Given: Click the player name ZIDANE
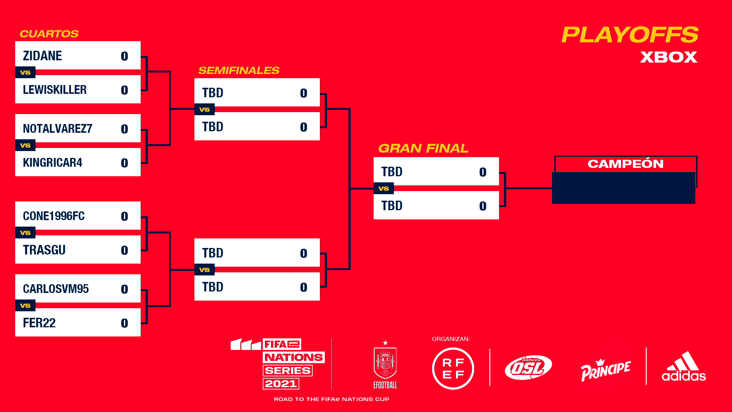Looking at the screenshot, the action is (x=42, y=56).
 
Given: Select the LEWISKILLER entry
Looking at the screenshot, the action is (x=55, y=90).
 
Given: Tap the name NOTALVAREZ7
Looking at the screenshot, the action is (x=58, y=129).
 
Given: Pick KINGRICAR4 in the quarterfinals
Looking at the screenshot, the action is (x=53, y=163).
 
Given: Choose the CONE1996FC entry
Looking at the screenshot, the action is (x=54, y=216).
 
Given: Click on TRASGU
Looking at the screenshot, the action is (x=44, y=250).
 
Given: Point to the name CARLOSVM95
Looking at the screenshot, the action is (x=56, y=289).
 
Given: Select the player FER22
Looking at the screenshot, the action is (x=39, y=323).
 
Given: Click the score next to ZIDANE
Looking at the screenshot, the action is (x=124, y=56).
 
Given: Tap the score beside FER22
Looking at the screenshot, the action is (x=124, y=323).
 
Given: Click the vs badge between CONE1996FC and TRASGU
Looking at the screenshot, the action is (x=25, y=233).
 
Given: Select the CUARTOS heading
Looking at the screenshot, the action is (x=49, y=34).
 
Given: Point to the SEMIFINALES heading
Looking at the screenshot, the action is (x=239, y=71).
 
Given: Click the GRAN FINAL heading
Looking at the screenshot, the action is (x=423, y=148).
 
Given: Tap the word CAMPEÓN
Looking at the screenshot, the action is (x=626, y=164).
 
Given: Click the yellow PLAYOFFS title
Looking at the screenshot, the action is (x=630, y=35).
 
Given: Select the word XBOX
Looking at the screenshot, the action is (x=669, y=57).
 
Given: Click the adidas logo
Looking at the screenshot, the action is (x=684, y=367).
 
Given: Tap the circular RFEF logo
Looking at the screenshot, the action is (x=453, y=369).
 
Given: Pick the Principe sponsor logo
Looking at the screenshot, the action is (x=605, y=370).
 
